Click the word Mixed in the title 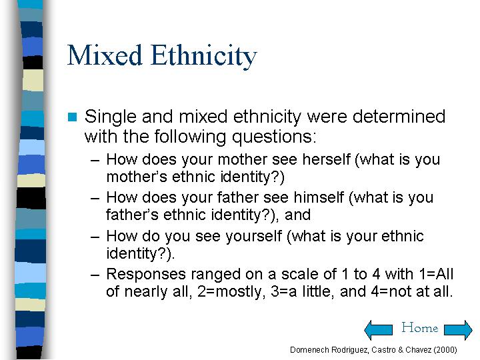point(105,55)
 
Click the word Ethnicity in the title point(204,57)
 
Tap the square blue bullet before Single point(72,117)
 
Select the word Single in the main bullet point(110,117)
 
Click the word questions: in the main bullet point(274,137)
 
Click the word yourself point(254,236)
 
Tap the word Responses point(146,275)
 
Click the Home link point(420,327)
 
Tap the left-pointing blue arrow point(379,330)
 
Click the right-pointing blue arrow point(458,330)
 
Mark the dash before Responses point(95,275)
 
